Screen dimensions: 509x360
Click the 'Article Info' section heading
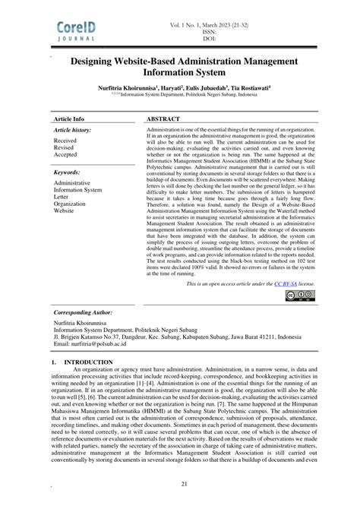(x=69, y=120)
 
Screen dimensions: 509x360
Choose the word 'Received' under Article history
(x=65, y=141)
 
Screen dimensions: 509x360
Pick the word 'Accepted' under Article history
(x=65, y=155)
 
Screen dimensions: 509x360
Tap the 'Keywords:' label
(x=68, y=173)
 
